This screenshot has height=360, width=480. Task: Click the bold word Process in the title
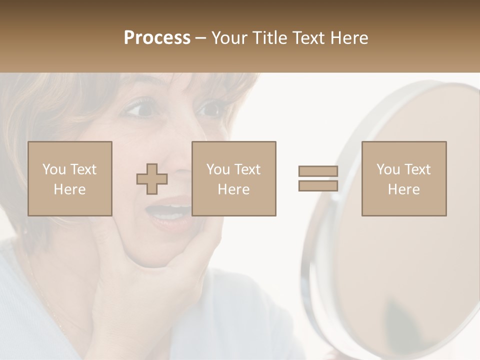click(157, 38)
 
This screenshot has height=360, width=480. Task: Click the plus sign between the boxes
click(152, 179)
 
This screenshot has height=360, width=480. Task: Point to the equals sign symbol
click(318, 178)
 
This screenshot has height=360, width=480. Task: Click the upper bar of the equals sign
click(318, 171)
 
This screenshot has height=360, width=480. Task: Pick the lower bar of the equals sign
click(318, 185)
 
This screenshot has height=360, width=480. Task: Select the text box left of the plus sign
click(70, 178)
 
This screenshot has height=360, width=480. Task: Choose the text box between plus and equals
click(234, 178)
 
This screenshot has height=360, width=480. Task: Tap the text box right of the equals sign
click(404, 178)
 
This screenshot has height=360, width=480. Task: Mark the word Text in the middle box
click(247, 169)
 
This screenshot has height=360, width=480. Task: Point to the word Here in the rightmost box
click(404, 189)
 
